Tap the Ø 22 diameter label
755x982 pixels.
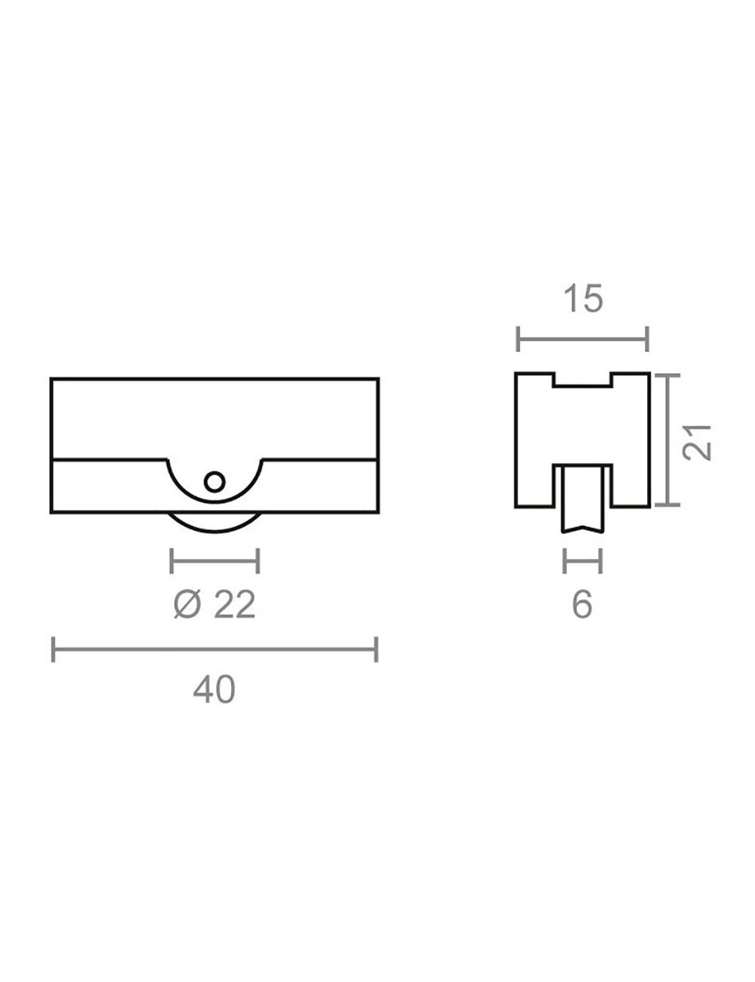pyautogui.click(x=214, y=605)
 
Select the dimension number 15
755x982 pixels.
pyautogui.click(x=583, y=298)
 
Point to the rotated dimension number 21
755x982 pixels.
pyautogui.click(x=698, y=443)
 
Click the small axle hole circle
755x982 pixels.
pyautogui.click(x=214, y=482)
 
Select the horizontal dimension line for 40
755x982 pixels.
pyautogui.click(x=214, y=650)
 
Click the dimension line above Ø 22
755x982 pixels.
pyautogui.click(x=214, y=561)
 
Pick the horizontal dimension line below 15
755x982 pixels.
pyautogui.click(x=583, y=338)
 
